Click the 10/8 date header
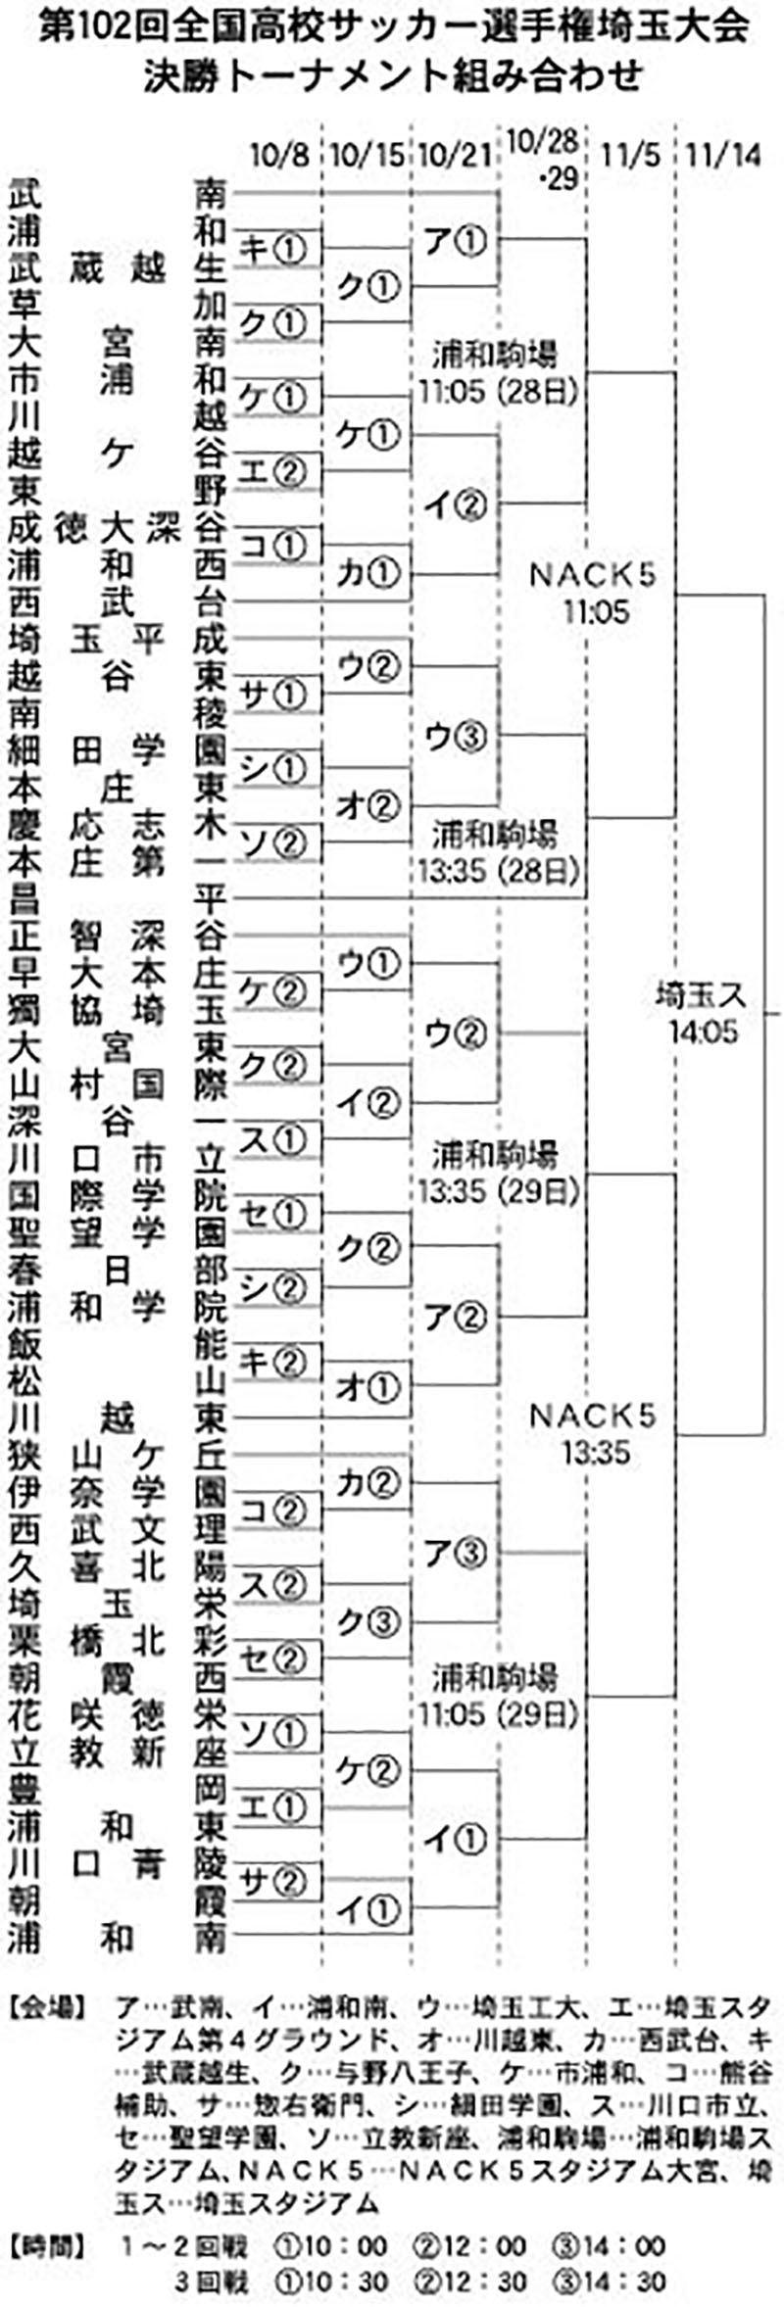tap(278, 156)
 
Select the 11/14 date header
tap(723, 156)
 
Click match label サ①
tap(274, 695)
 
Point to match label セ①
tap(274, 1215)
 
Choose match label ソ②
tap(274, 841)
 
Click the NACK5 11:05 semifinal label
tap(593, 593)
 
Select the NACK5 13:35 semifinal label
tap(593, 1432)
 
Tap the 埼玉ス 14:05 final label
tap(702, 1013)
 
